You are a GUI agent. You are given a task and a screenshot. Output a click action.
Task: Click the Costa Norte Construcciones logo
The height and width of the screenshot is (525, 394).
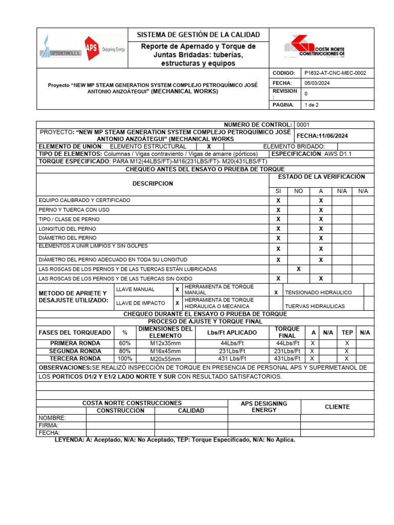coord(321,47)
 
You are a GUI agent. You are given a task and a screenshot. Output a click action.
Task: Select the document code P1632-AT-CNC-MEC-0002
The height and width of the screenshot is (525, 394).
coord(335,73)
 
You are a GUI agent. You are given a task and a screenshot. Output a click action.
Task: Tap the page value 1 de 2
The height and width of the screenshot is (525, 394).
coord(311,105)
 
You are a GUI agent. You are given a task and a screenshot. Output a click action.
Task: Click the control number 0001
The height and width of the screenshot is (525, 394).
coord(303,125)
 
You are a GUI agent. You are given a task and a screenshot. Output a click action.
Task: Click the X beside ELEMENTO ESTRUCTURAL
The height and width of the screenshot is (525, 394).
coord(209,147)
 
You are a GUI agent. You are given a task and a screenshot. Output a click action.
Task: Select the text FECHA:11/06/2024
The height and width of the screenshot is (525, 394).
coord(322,135)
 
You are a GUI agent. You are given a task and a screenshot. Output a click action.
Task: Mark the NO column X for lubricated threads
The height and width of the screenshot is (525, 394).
coord(298,269)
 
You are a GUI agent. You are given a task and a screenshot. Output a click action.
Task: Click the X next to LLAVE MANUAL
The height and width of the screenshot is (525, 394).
coord(177,289)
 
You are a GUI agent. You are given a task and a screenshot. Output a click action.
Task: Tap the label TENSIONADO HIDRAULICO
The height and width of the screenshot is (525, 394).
coord(318,292)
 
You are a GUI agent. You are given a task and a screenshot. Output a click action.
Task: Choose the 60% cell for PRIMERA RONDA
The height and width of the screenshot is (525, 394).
coord(125,343)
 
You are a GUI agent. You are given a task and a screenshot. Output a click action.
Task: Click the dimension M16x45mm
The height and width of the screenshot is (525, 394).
coord(165,351)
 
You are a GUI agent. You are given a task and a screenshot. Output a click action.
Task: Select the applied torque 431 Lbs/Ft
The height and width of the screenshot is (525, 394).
coord(233,359)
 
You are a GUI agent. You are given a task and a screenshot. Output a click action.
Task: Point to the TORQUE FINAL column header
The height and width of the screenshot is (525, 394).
coord(287,332)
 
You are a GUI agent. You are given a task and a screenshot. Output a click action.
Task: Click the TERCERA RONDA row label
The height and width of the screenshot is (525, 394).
coord(75,359)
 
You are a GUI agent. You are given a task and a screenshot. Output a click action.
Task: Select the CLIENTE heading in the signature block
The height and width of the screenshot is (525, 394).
coord(337,407)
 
